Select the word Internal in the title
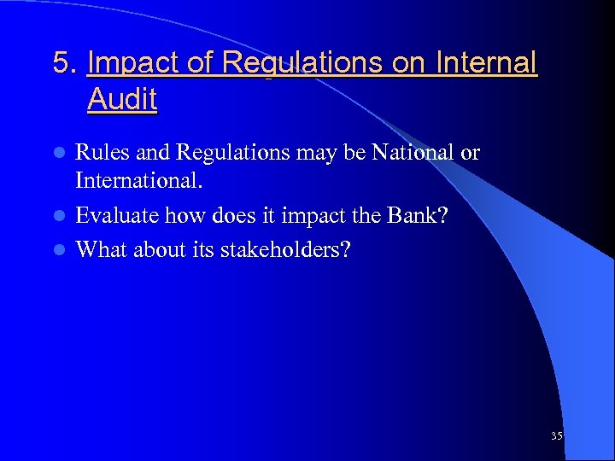pos(487,63)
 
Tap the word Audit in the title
pos(121,99)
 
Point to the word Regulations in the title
pos(302,65)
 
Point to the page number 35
pos(556,436)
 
